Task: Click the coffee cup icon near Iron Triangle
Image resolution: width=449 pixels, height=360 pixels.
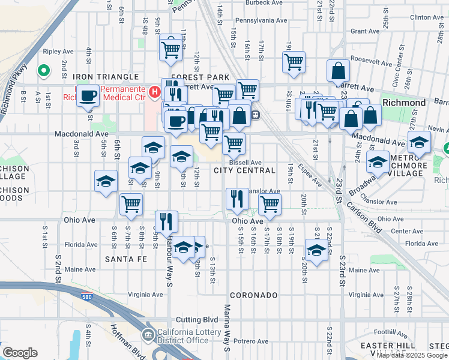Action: (88, 95)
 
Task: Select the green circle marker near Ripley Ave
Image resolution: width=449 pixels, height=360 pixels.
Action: (44, 71)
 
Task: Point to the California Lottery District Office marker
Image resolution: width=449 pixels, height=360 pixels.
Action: (148, 334)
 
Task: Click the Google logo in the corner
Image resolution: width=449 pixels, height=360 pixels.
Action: (20, 353)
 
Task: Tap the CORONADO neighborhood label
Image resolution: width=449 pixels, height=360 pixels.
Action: (252, 295)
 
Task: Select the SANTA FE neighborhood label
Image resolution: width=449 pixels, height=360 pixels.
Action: (125, 259)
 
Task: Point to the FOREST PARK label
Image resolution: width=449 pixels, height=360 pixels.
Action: (200, 77)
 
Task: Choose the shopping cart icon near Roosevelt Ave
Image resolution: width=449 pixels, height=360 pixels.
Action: (294, 61)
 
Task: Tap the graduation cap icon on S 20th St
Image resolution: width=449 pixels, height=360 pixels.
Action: (316, 248)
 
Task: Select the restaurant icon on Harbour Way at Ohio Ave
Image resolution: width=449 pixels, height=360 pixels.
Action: (166, 221)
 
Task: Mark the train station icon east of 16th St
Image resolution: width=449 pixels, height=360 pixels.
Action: (255, 114)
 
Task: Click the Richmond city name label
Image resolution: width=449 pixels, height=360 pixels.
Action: (404, 103)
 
